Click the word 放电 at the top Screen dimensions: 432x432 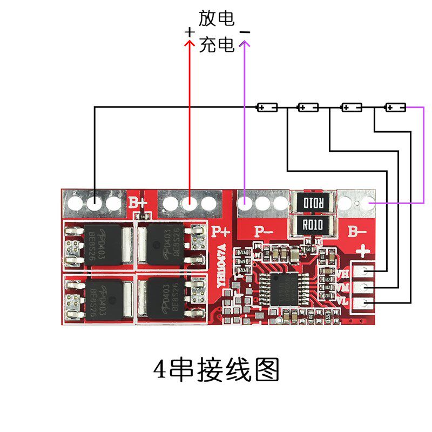click(217, 19)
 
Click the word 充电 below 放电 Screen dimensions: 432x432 click(217, 44)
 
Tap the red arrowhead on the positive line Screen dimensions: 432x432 click(189, 44)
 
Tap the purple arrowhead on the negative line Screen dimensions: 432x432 click(245, 44)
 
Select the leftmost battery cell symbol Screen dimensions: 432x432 click(267, 107)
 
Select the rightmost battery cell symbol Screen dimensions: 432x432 click(395, 107)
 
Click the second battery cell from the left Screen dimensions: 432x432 click(308, 107)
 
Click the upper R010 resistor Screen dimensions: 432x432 click(313, 204)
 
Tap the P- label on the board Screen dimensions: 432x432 click(265, 232)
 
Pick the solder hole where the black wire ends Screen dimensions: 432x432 click(95, 204)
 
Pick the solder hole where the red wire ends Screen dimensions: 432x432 click(189, 204)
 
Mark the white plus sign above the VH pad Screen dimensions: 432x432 click(363, 251)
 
